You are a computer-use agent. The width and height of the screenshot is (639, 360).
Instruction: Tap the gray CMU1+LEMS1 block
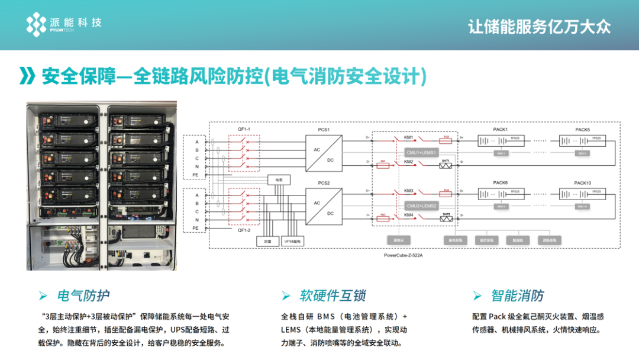click(x=421, y=152)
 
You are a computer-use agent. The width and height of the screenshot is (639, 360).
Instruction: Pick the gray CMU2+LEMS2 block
click(x=421, y=205)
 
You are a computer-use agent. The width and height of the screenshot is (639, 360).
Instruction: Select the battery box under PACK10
click(x=582, y=195)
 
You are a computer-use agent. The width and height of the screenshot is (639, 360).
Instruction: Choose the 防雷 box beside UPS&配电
click(x=266, y=242)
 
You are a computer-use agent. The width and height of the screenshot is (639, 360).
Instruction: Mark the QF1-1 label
click(x=244, y=129)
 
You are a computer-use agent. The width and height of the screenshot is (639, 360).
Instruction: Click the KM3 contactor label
click(x=408, y=191)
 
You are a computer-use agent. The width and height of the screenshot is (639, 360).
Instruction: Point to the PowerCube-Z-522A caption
click(x=407, y=255)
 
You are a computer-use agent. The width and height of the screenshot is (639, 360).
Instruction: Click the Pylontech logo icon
click(x=36, y=24)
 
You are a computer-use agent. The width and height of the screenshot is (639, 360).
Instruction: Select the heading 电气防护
click(x=83, y=295)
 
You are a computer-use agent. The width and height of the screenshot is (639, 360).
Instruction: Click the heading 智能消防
click(x=517, y=295)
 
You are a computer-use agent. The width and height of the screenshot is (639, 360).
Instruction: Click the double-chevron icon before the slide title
click(x=28, y=76)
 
